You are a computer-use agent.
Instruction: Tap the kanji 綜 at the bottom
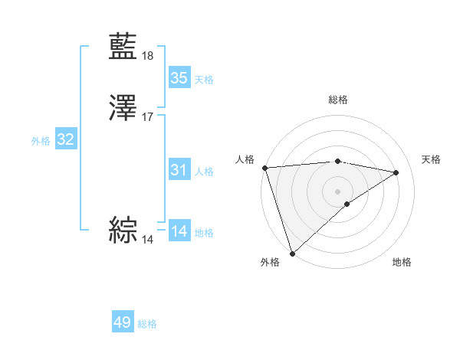tap(123, 230)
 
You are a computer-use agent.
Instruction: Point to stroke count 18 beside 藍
tap(148, 56)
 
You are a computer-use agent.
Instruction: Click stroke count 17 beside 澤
tap(148, 117)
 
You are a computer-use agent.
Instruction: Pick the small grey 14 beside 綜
tap(147, 240)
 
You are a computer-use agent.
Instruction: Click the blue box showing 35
tap(179, 78)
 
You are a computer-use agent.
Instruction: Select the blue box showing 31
tap(179, 170)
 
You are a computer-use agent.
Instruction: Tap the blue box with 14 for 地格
tap(179, 231)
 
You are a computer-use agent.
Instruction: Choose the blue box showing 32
tap(66, 139)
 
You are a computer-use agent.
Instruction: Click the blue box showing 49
tap(123, 322)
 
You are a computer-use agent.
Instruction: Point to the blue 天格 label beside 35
tap(204, 79)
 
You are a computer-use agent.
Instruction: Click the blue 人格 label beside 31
tap(204, 171)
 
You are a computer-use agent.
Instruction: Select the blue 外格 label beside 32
tap(41, 140)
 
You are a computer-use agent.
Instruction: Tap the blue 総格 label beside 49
tap(147, 324)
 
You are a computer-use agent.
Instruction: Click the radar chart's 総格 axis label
tap(338, 100)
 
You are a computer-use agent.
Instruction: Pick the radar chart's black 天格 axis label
tap(432, 159)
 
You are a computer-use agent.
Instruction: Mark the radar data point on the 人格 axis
tap(264, 168)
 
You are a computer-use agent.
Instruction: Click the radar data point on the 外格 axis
tap(292, 253)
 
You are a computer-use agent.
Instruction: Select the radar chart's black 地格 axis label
tap(402, 263)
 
